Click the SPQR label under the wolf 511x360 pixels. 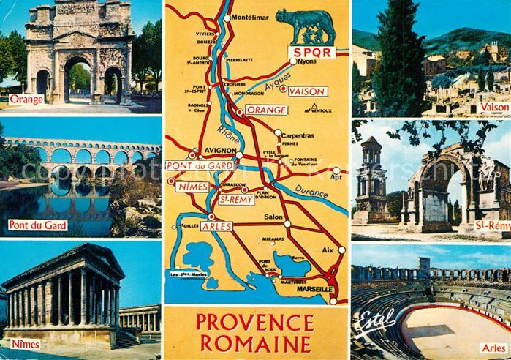tap(311, 52)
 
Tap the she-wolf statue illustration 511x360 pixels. tap(306, 26)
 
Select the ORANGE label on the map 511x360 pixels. tap(267, 109)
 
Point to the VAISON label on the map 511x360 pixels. tap(307, 91)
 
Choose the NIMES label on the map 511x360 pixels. tap(192, 187)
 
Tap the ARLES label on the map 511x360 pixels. tap(216, 227)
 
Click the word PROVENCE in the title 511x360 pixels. tap(256, 322)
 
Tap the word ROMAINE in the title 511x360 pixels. tap(256, 344)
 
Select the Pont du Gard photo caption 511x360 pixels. tap(37, 225)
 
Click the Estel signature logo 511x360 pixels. tap(376, 319)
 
